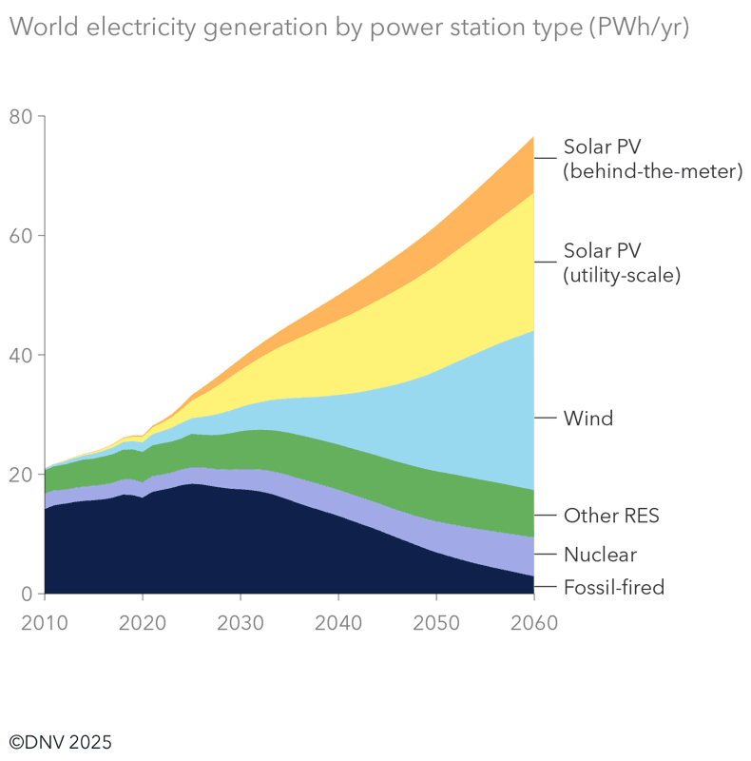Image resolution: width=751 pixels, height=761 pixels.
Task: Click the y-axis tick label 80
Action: [x=20, y=117]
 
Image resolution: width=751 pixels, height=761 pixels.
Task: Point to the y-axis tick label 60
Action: [x=20, y=236]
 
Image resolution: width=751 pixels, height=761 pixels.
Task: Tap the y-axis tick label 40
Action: [x=20, y=356]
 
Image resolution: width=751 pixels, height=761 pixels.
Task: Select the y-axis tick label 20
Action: [x=20, y=475]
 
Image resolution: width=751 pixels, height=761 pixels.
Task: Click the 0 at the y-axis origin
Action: [x=27, y=595]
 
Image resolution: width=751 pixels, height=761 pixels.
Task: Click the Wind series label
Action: [x=587, y=418]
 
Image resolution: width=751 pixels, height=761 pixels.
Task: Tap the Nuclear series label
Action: [x=600, y=555]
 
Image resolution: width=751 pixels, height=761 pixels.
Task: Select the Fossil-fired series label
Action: [x=613, y=587]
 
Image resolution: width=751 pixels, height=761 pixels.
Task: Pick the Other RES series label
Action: [x=610, y=517]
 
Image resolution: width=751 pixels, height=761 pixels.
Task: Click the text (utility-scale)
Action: [x=622, y=276]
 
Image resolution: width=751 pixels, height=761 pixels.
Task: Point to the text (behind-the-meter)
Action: [x=651, y=172]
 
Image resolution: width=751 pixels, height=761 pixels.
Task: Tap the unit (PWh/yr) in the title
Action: [x=638, y=29]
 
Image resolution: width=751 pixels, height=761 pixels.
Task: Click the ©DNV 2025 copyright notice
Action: [x=60, y=741]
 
